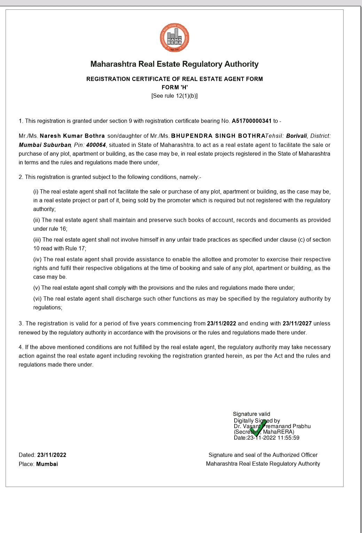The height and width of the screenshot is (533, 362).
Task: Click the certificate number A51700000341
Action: click(x=251, y=121)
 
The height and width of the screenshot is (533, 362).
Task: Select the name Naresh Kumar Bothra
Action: click(x=72, y=136)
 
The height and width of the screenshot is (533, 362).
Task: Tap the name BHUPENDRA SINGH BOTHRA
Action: click(x=218, y=136)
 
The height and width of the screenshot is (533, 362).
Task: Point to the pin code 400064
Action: click(x=96, y=145)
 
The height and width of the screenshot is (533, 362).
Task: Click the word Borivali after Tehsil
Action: click(x=297, y=136)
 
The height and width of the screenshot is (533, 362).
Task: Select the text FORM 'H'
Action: click(x=175, y=87)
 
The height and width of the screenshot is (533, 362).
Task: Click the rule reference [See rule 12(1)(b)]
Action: click(x=174, y=96)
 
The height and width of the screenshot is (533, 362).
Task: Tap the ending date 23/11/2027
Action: click(x=297, y=323)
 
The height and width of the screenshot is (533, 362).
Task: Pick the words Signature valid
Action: click(x=251, y=414)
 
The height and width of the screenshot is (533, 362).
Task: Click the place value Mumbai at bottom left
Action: click(x=47, y=464)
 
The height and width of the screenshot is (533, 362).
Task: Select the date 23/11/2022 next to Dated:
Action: click(x=52, y=455)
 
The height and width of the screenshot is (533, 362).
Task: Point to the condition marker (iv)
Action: click(x=37, y=259)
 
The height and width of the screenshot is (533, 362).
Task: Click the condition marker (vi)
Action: click(x=37, y=299)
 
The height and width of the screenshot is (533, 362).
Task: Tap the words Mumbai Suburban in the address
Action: click(x=45, y=145)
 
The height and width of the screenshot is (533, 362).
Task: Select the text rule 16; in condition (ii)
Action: click(x=58, y=229)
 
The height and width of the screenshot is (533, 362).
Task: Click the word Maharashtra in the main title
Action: click(x=113, y=64)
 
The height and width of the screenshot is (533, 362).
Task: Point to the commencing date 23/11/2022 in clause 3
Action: click(x=221, y=323)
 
